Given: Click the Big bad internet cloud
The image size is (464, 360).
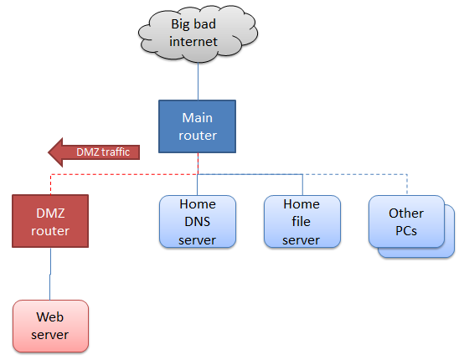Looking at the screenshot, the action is click(x=198, y=33).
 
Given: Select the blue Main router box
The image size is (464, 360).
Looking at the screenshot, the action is click(x=197, y=126).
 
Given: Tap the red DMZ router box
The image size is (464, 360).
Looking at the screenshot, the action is click(x=50, y=221).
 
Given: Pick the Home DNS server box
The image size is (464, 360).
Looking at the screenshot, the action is click(x=198, y=222).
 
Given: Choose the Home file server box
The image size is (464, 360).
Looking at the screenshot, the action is click(x=302, y=222).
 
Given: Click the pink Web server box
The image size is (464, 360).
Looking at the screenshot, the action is click(x=50, y=326).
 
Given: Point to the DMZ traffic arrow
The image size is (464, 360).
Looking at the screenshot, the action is click(x=94, y=152).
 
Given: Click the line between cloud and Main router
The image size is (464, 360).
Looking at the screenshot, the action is click(x=198, y=81).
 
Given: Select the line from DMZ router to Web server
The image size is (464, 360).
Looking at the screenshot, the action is click(x=50, y=274).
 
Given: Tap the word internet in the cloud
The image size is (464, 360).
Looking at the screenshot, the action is click(x=193, y=41).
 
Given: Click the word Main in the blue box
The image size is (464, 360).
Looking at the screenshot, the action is click(x=197, y=118).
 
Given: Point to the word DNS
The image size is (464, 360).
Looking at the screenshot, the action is click(x=197, y=222).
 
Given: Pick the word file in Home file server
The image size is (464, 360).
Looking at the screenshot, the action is click(x=301, y=221).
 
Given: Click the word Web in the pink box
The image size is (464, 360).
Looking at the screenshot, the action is click(x=49, y=317).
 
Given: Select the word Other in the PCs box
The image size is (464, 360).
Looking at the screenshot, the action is click(x=406, y=213).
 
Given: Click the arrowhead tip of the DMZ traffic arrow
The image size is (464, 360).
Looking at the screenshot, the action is click(x=48, y=152).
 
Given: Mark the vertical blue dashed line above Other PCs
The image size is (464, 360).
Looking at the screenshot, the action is click(x=407, y=184).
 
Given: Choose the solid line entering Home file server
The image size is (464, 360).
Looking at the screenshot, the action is click(x=302, y=184).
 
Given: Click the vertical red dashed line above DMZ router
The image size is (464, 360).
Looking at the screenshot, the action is click(x=50, y=184).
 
